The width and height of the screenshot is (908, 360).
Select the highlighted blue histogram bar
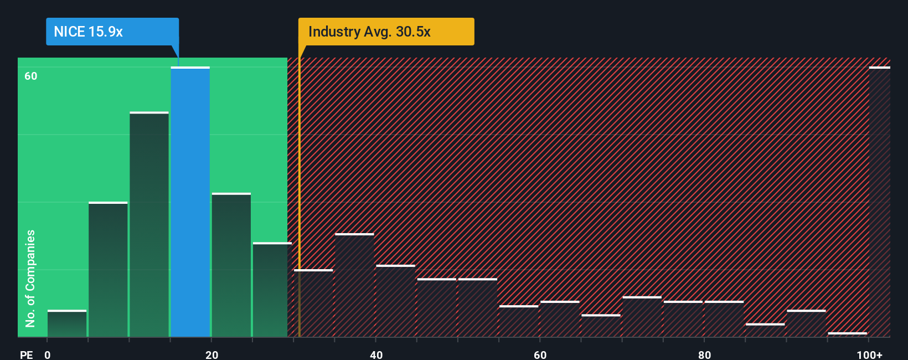coord(190,202)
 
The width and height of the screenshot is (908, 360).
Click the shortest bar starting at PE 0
coord(67,323)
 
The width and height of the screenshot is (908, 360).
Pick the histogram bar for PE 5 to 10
coord(108,270)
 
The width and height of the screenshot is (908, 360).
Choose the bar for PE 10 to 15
coord(149,224)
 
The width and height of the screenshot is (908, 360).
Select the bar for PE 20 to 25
coord(231,265)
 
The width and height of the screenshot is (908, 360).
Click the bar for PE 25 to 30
coord(271,290)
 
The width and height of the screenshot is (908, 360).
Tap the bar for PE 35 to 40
coord(354,285)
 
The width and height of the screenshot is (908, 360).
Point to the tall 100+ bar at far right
coord(879,202)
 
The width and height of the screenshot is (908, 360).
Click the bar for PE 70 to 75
coord(642,317)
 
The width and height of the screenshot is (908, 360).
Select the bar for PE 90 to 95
coord(806,323)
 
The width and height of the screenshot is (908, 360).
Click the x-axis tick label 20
coord(211,354)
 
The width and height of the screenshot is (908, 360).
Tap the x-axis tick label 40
coord(376,354)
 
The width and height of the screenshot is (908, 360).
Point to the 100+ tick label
coord(869,354)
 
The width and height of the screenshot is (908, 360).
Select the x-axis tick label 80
coord(704,354)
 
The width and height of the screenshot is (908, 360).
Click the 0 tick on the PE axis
coord(48,354)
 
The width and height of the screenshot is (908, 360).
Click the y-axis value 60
coord(31,76)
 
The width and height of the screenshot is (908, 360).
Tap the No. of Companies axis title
coord(30,278)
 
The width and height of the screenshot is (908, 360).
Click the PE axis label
coord(26,354)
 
